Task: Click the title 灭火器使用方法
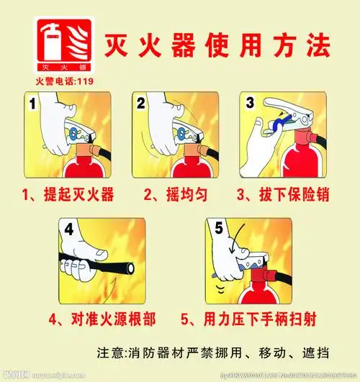click(214, 45)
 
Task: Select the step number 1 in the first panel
click(33, 105)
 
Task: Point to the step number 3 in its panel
click(250, 103)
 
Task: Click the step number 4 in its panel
click(70, 232)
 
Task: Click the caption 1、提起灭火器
click(68, 194)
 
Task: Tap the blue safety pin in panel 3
click(273, 128)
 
